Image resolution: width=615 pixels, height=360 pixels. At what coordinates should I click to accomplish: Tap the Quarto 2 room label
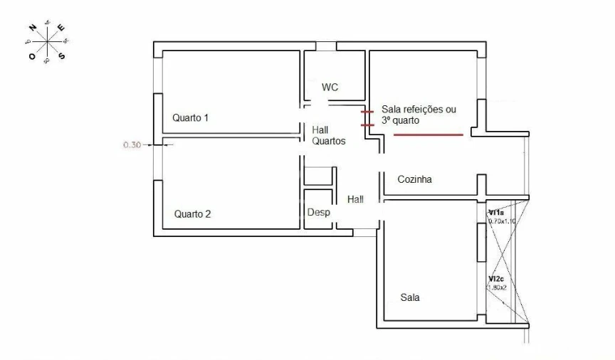coord(192,213)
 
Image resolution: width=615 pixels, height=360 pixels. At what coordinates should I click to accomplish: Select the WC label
coord(330,88)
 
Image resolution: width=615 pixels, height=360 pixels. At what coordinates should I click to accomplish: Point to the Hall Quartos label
coord(328,136)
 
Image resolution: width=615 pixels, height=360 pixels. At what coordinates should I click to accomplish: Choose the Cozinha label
coord(414,180)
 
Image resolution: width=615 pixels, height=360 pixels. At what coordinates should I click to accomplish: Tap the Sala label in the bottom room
coord(410,298)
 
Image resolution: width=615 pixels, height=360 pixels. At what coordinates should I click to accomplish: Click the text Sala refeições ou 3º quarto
coord(419,115)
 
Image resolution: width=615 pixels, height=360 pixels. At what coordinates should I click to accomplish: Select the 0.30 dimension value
coord(132,144)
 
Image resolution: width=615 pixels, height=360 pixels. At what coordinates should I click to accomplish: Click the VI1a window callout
coord(496,212)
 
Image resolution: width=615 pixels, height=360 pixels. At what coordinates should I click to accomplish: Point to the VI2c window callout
coord(497,279)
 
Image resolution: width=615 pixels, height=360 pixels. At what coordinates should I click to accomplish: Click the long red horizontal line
coord(428,134)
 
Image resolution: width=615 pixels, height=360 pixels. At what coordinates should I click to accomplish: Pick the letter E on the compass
coord(61,28)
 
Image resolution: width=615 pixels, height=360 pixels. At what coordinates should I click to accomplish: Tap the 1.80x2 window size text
coord(498,288)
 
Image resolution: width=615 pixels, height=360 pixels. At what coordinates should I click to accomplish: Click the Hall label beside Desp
coord(355,200)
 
